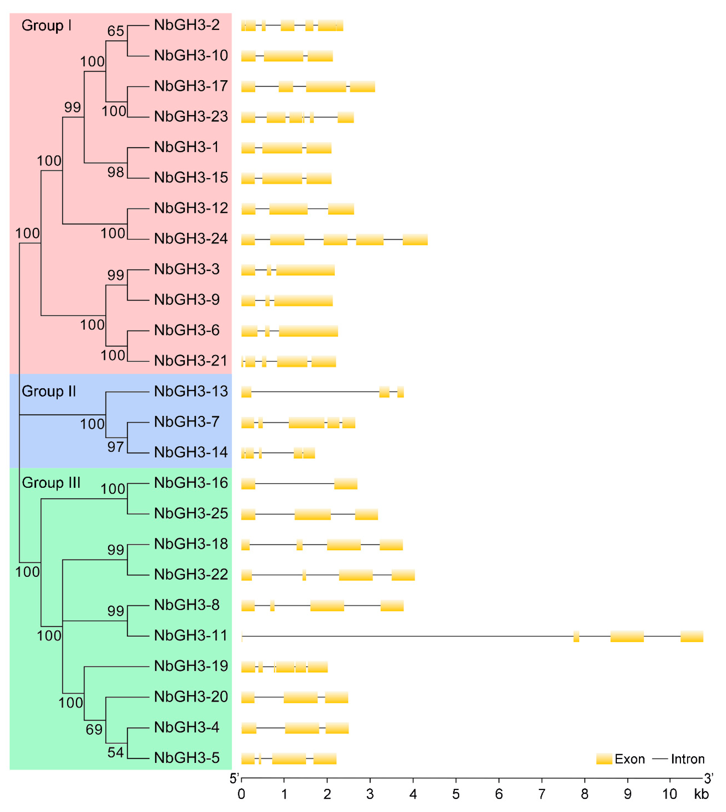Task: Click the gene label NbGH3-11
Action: (x=191, y=635)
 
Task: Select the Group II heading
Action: (x=49, y=391)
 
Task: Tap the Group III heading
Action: (x=51, y=483)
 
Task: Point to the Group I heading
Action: (x=46, y=26)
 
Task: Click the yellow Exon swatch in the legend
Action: (x=604, y=759)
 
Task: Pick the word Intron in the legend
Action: (x=688, y=759)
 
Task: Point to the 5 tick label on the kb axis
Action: (x=456, y=794)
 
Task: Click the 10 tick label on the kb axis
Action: (x=669, y=794)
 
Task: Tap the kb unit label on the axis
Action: (x=701, y=794)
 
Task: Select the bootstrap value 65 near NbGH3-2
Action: (x=116, y=31)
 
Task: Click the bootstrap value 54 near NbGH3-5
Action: (x=116, y=752)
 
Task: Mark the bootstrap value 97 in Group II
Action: (x=116, y=447)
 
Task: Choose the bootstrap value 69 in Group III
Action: (x=94, y=729)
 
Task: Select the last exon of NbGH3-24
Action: (x=415, y=240)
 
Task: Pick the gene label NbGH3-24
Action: (x=191, y=239)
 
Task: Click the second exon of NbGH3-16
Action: (x=345, y=484)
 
